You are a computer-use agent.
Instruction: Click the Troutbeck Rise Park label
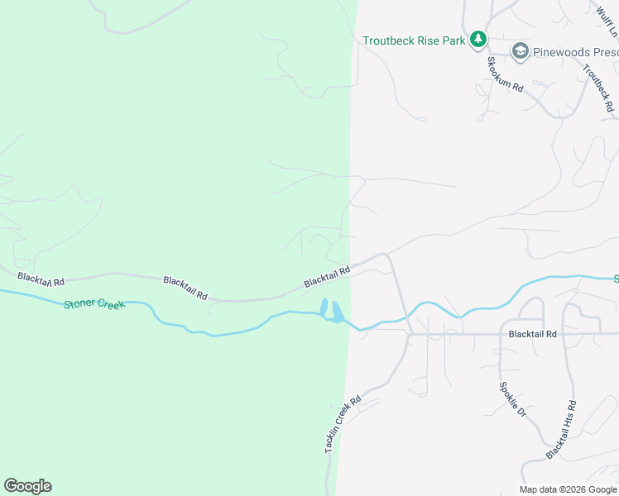414,41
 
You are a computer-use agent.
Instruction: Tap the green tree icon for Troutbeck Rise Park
477,39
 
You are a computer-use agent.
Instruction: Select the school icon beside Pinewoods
520,52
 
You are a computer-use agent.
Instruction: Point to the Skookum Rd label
505,74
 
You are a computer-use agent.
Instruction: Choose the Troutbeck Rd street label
597,88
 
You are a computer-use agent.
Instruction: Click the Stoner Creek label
94,304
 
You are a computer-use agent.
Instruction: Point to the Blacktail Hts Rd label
561,431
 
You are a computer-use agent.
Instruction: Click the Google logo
27,486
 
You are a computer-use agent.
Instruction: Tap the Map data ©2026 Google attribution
568,489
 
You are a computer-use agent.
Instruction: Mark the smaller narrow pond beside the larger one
324,307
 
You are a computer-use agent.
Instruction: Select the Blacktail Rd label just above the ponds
327,276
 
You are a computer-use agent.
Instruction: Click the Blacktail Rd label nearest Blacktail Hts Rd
533,334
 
